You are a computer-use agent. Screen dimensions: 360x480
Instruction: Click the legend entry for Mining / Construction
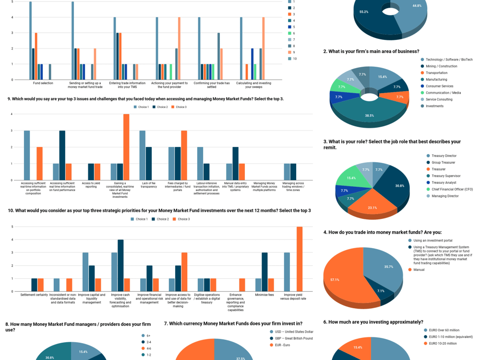[441, 66]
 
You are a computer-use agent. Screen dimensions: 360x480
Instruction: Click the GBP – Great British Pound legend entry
[292, 338]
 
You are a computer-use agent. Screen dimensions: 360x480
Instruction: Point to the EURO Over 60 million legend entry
[444, 330]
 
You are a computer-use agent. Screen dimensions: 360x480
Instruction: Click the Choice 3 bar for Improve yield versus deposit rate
[300, 259]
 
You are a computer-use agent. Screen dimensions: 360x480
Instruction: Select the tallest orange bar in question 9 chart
[126, 147]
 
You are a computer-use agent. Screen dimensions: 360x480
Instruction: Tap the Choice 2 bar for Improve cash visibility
[120, 265]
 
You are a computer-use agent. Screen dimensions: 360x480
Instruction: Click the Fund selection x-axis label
[43, 83]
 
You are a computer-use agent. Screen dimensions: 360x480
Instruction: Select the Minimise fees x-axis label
[264, 295]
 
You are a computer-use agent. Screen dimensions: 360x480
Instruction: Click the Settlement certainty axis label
[35, 295]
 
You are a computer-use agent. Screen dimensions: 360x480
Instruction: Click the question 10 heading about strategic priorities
[159, 210]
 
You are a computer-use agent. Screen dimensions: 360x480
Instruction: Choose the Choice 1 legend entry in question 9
[141, 107]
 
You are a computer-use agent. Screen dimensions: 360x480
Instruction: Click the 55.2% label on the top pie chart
[364, 12]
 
